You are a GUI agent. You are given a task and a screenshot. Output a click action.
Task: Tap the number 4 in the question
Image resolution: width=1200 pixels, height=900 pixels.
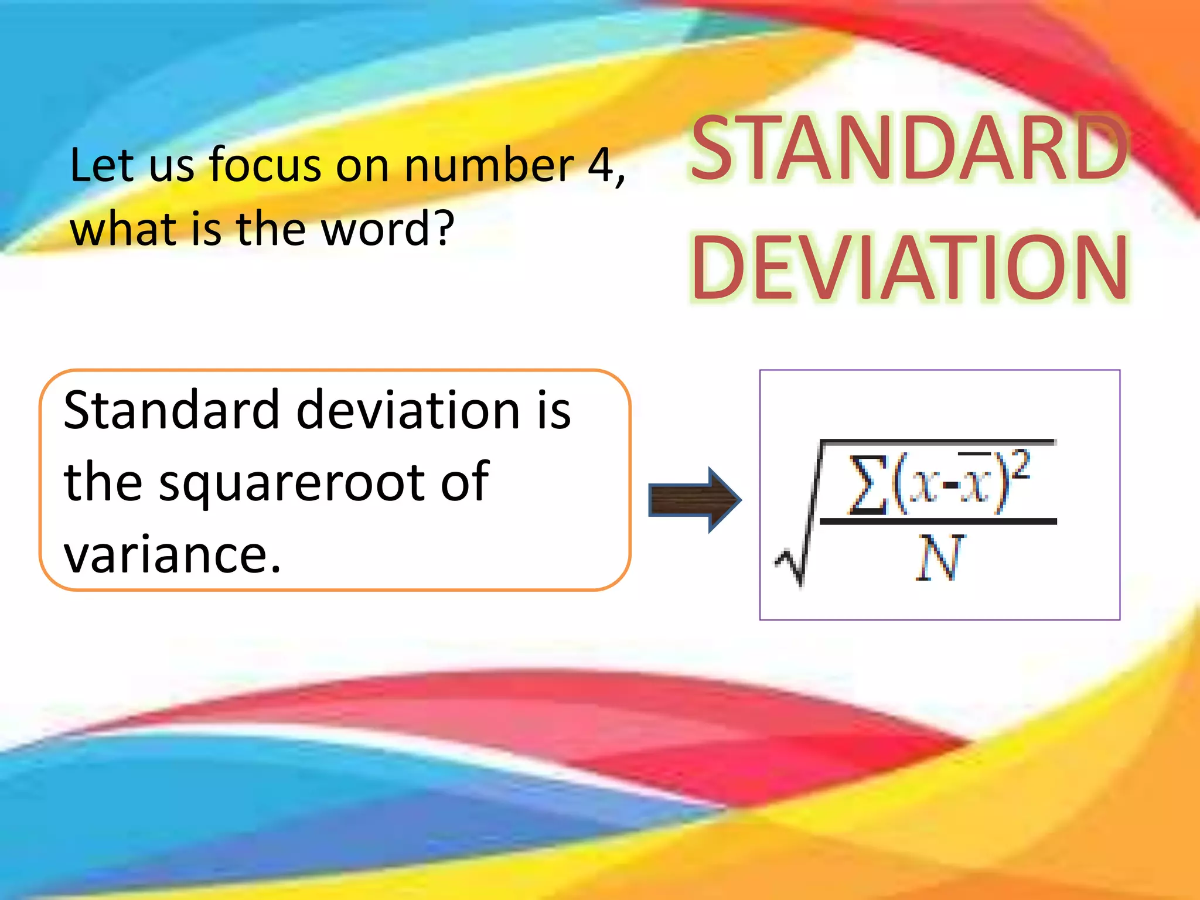(600, 165)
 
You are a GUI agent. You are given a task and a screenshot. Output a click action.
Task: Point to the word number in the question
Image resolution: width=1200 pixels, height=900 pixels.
(489, 165)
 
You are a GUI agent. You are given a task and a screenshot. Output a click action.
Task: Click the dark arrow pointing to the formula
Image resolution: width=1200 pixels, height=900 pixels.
(695, 500)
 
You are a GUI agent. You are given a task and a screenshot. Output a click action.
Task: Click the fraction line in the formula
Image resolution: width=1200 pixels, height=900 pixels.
(937, 520)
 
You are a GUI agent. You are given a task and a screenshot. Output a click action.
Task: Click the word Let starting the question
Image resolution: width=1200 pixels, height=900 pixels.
(103, 165)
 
